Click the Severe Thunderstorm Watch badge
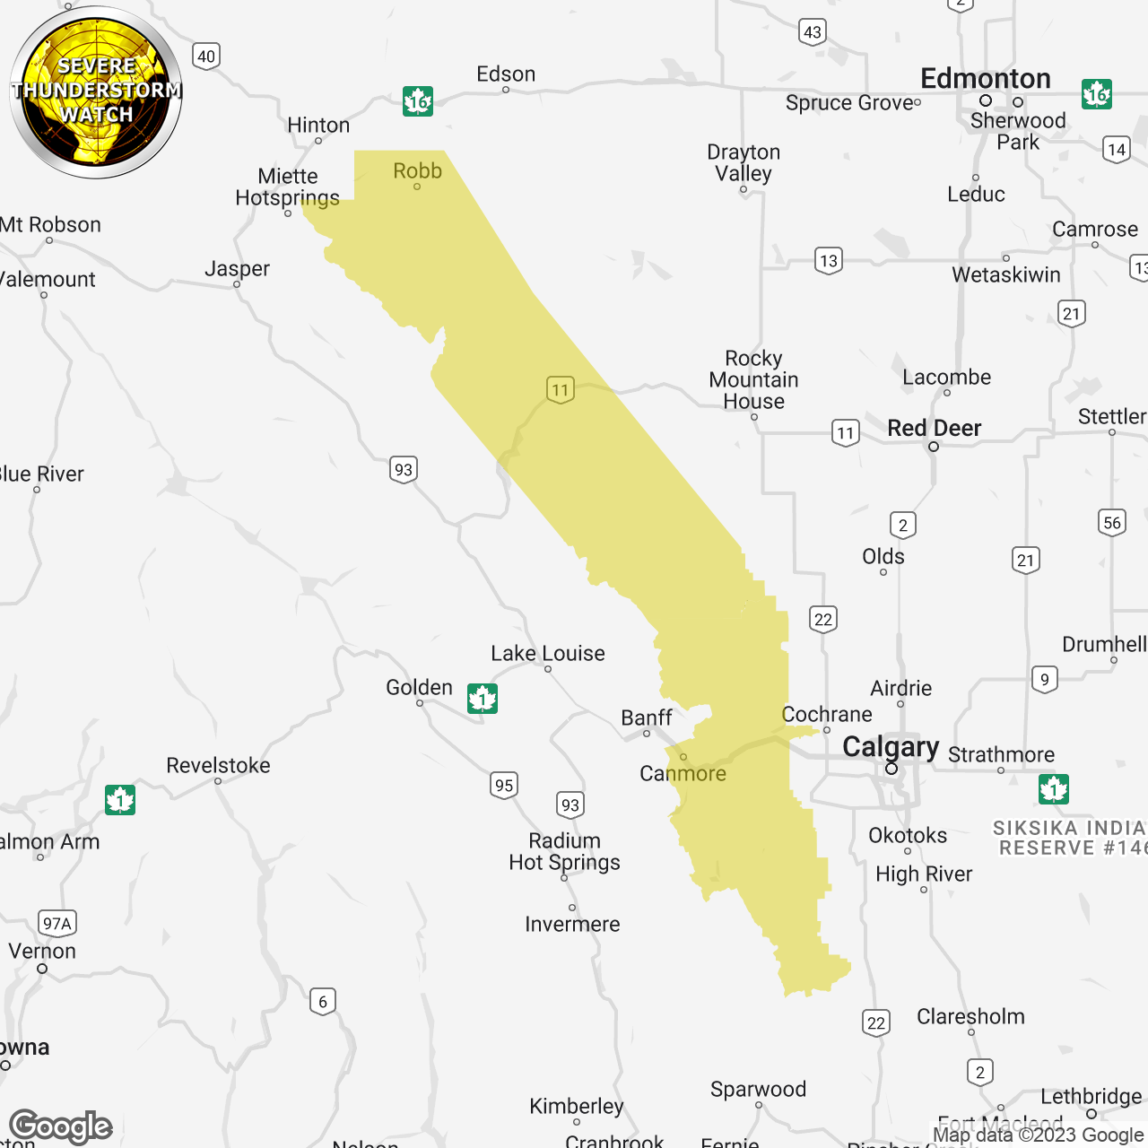click(x=96, y=91)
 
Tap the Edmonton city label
click(x=985, y=79)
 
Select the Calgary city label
click(x=890, y=746)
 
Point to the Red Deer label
click(x=934, y=428)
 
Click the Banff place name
click(x=646, y=717)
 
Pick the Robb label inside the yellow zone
click(x=417, y=170)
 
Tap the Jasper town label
click(x=237, y=268)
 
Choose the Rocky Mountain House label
click(x=753, y=379)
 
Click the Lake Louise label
click(x=547, y=653)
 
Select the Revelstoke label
click(x=218, y=765)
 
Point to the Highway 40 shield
click(x=206, y=57)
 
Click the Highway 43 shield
click(x=812, y=32)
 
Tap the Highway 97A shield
click(x=57, y=923)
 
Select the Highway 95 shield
click(x=504, y=786)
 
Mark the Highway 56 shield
click(x=1112, y=523)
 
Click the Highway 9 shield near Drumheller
click(x=1044, y=679)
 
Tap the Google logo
click(x=61, y=1126)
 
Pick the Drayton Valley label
click(x=744, y=162)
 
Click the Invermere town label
click(x=572, y=924)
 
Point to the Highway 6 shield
click(x=323, y=1001)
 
